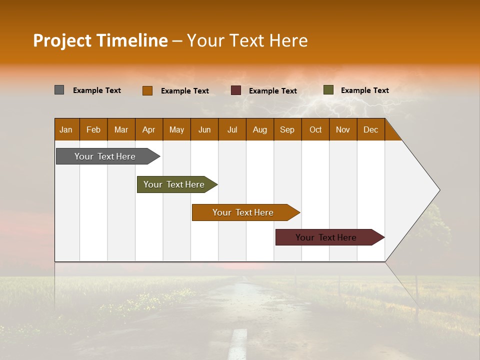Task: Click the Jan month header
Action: [x=66, y=129]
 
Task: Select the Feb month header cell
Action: [x=93, y=129]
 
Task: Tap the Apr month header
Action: [x=148, y=129]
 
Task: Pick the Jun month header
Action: [x=204, y=129]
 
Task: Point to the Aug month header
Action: [x=259, y=129]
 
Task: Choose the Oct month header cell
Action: [x=315, y=129]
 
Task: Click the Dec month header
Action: [x=370, y=129]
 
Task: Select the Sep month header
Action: [x=287, y=129]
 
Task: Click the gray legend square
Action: [x=59, y=90]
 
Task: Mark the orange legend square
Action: [x=147, y=90]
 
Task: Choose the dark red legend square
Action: [x=236, y=90]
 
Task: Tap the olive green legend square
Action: [x=328, y=90]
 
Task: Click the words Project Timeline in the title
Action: [x=100, y=40]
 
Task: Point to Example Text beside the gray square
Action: [x=97, y=90]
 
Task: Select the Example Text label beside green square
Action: [x=364, y=90]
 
